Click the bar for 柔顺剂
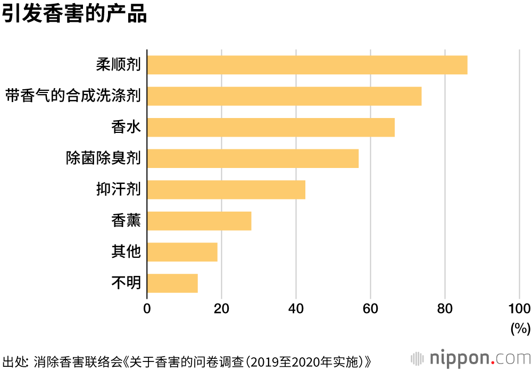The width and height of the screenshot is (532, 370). point(307,65)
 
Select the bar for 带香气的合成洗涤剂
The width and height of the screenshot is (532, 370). point(284,96)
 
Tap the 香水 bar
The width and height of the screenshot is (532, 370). point(271,128)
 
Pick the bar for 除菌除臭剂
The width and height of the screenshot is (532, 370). point(253,158)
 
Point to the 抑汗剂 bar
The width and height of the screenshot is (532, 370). point(226,190)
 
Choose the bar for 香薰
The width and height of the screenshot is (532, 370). point(199,221)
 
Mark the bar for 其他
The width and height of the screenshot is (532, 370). point(182,252)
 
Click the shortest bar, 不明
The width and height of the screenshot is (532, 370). point(172,283)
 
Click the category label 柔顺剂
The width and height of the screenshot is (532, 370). point(118,65)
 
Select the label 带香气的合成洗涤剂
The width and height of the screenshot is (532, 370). point(73,96)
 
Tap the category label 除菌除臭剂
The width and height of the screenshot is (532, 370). point(103,158)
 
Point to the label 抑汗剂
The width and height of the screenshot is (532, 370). point(118,190)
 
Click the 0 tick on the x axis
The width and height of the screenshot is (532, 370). point(147,309)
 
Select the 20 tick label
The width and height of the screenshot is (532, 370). point(221,309)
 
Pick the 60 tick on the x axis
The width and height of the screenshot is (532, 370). point(370,309)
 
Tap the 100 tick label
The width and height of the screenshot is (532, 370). point(519,309)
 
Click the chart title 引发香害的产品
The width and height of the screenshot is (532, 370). point(74,14)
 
